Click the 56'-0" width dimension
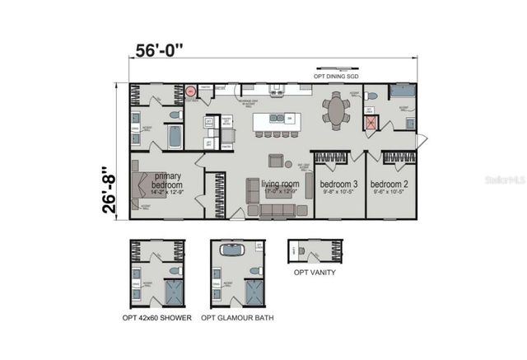(x=159, y=50)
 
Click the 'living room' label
(x=279, y=185)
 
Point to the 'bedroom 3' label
(x=338, y=184)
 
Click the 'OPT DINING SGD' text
(x=335, y=76)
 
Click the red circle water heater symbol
(x=190, y=91)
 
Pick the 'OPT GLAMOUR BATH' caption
(x=239, y=317)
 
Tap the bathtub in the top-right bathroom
(x=402, y=91)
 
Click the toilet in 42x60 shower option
(x=174, y=269)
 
